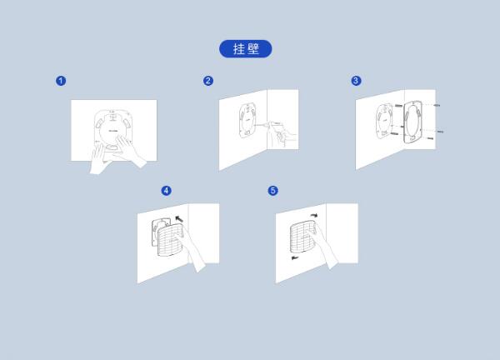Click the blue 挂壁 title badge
(x=246, y=49)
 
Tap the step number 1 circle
(x=61, y=81)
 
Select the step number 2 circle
(x=208, y=81)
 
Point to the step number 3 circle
(x=356, y=81)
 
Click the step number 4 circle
(x=166, y=191)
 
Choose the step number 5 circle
(x=273, y=191)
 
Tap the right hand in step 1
(x=130, y=151)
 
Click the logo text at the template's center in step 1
(x=113, y=130)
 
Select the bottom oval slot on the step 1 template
(x=112, y=147)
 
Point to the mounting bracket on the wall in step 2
(x=247, y=120)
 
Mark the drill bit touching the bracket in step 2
(x=262, y=124)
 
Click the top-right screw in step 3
(x=437, y=105)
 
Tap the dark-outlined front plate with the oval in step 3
(x=412, y=122)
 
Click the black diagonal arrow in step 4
(x=179, y=218)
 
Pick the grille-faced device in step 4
(x=170, y=239)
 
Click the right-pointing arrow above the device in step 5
(x=314, y=216)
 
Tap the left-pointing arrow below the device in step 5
(x=295, y=257)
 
